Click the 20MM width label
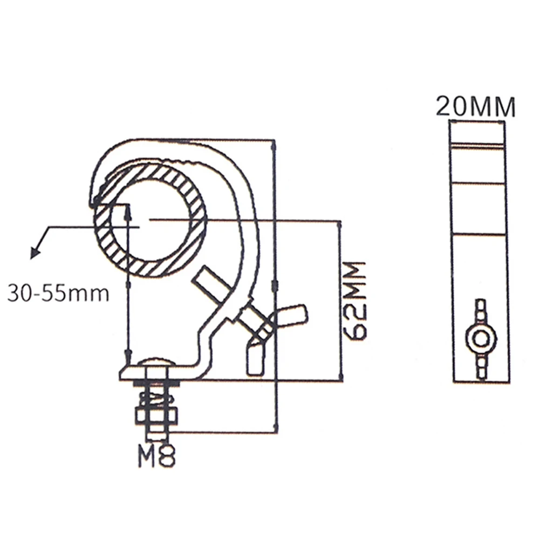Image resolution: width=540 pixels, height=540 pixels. click(x=475, y=106)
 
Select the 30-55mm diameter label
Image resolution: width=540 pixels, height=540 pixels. click(x=58, y=294)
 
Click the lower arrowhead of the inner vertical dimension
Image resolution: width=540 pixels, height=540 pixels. click(x=128, y=357)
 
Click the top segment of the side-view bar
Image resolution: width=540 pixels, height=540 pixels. click(x=478, y=132)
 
